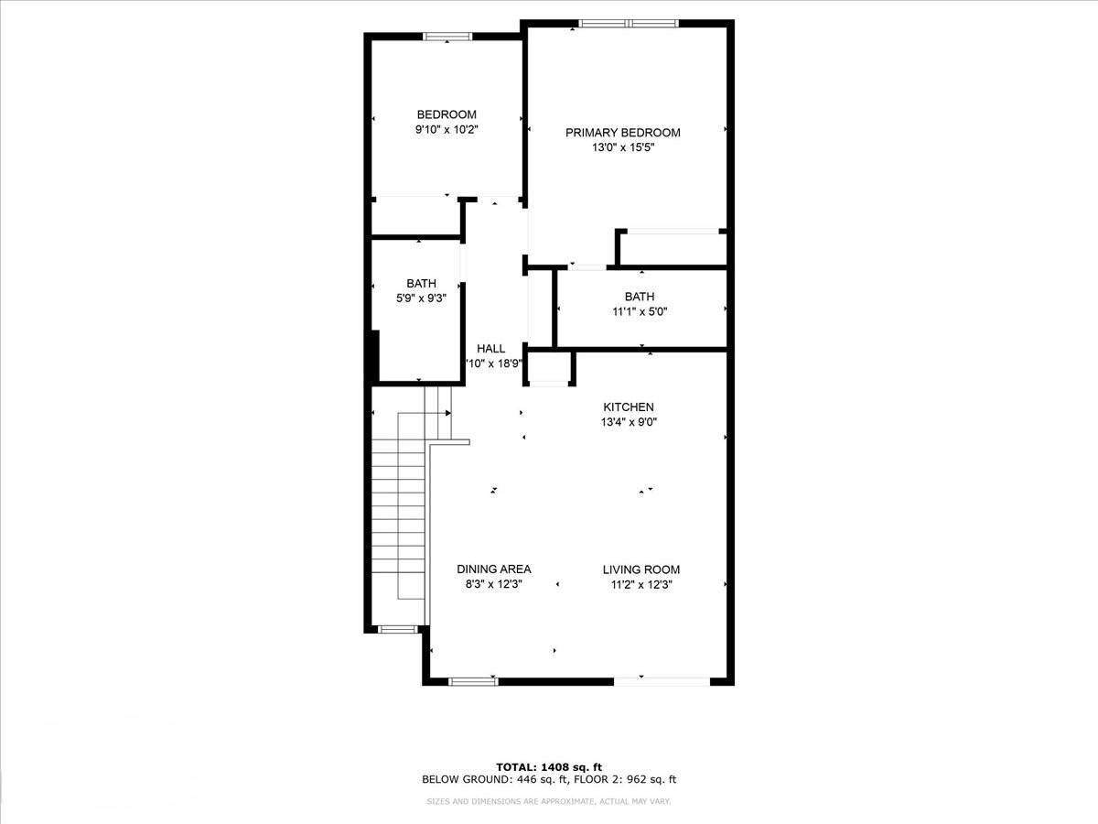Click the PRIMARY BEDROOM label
622,133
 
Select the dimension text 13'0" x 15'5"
622,147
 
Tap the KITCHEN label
628,407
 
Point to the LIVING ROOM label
640,569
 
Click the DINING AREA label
494,569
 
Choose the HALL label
490,349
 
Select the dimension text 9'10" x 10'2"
447,130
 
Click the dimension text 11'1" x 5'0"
640,311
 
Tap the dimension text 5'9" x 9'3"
421,298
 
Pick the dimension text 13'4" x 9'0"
629,422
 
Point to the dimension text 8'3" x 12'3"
494,584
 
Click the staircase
400,513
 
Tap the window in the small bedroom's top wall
447,37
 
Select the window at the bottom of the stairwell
397,629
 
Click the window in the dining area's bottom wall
473,681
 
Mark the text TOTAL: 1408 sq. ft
548,767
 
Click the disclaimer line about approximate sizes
549,802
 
